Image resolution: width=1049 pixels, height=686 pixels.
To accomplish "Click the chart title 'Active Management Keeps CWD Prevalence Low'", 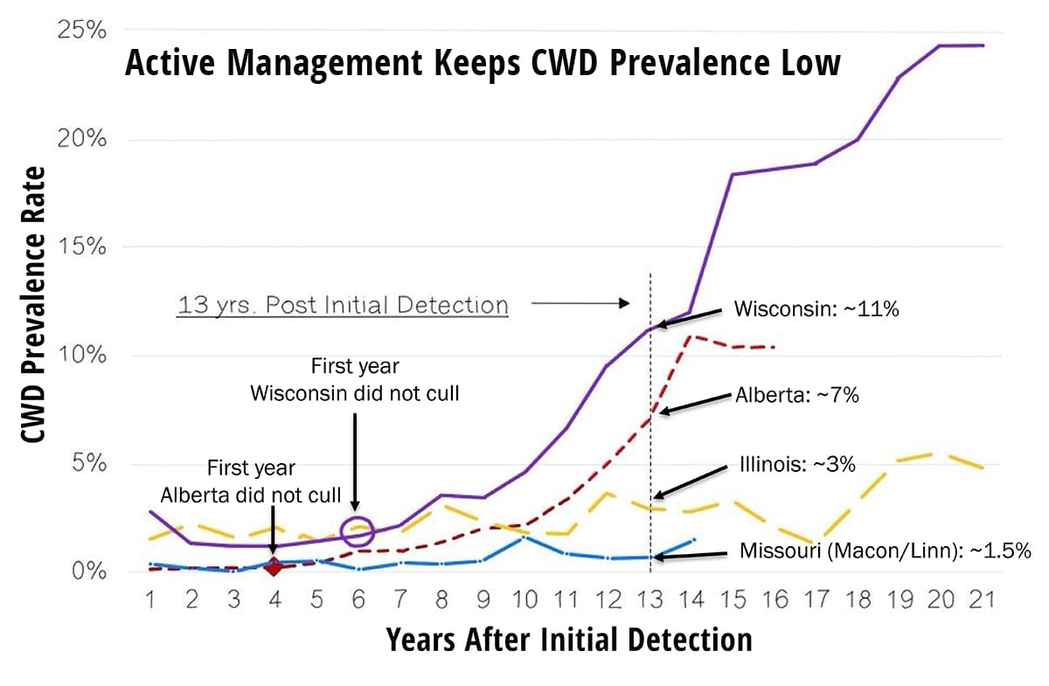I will pyautogui.click(x=483, y=64).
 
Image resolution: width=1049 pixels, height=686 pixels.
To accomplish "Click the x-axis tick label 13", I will pyautogui.click(x=650, y=599).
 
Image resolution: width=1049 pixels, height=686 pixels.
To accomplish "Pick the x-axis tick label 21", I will pyautogui.click(x=980, y=599).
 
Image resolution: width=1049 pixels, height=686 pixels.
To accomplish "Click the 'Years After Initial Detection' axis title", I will pyautogui.click(x=568, y=640).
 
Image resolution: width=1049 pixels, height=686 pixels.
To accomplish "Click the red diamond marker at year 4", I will pyautogui.click(x=274, y=567).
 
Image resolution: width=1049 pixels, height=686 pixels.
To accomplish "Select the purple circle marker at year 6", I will pyautogui.click(x=356, y=530).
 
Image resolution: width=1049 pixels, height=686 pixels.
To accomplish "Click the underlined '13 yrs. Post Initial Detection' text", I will pyautogui.click(x=342, y=305).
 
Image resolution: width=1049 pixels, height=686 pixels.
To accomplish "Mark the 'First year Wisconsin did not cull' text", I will pyautogui.click(x=355, y=379).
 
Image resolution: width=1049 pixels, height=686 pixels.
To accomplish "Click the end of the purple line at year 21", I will pyautogui.click(x=983, y=45).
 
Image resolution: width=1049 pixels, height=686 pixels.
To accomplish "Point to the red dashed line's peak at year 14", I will pyautogui.click(x=691, y=336).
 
